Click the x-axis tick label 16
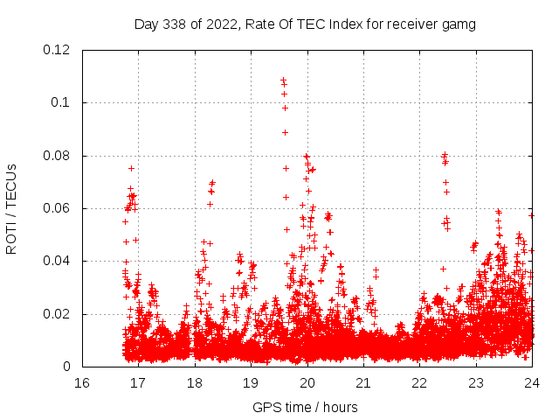click(82, 383)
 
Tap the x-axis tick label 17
click(138, 383)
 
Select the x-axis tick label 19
click(251, 383)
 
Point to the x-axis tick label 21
click(363, 383)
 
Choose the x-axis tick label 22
click(419, 383)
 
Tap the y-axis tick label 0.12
click(57, 50)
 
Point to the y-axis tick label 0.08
click(57, 156)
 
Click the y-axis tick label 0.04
click(57, 261)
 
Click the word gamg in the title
click(459, 24)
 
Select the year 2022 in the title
click(221, 24)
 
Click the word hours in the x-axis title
click(340, 407)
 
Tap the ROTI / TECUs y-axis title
click(11, 208)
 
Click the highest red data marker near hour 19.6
click(283, 80)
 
